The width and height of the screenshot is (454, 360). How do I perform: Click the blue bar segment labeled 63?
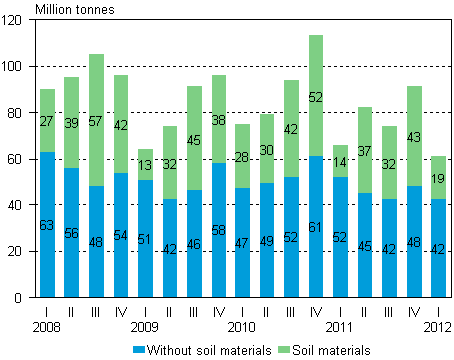click(47, 224)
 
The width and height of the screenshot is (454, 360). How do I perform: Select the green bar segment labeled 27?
click(47, 120)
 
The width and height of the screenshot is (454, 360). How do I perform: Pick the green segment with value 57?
click(96, 120)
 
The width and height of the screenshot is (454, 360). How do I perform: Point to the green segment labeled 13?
click(145, 165)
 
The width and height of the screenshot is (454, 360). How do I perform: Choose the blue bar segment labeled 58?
click(219, 230)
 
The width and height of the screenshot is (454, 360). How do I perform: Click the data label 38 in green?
click(219, 117)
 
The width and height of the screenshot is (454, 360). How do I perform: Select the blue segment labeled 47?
click(242, 242)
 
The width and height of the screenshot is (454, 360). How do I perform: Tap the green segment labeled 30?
click(267, 149)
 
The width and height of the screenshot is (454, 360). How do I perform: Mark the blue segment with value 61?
click(316, 226)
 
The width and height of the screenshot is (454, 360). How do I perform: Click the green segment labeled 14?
click(340, 161)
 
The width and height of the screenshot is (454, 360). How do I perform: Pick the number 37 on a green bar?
click(365, 151)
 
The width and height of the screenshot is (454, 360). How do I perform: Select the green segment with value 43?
click(414, 137)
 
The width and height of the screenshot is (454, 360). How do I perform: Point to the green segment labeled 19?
click(438, 178)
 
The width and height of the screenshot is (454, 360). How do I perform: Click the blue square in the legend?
click(139, 349)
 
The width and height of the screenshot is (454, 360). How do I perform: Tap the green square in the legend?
click(284, 349)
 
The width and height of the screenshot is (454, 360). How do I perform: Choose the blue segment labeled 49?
click(267, 240)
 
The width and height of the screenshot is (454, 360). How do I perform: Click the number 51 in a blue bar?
click(145, 239)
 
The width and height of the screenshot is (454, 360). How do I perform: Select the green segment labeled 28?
click(242, 157)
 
